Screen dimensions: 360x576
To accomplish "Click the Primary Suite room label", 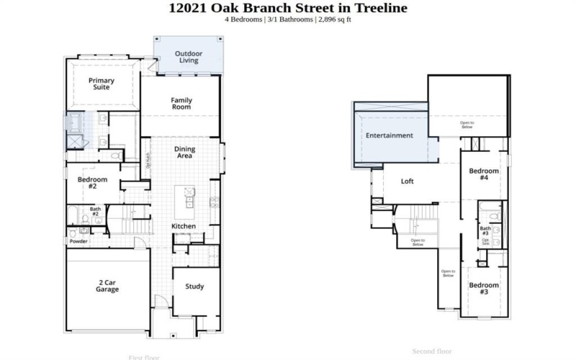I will (x=102, y=84).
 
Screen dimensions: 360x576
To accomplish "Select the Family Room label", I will (x=181, y=103).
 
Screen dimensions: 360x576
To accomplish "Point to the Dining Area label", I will (x=184, y=152).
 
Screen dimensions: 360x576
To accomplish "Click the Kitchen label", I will (x=183, y=226).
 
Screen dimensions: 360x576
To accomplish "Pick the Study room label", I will (x=194, y=286).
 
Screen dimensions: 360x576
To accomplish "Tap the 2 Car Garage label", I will (x=107, y=286).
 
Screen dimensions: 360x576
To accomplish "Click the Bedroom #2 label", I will (x=92, y=182).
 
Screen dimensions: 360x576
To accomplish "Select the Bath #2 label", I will (x=94, y=212).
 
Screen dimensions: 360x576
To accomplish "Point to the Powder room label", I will (x=78, y=241).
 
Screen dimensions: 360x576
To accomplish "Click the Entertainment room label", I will (x=389, y=135).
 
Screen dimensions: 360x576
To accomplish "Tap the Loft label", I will (x=408, y=181).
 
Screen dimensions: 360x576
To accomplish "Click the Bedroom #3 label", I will (x=483, y=289).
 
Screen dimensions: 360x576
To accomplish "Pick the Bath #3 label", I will (x=485, y=231).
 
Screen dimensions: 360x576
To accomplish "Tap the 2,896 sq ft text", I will (x=333, y=19).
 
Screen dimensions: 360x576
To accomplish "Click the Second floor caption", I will (x=432, y=351).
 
